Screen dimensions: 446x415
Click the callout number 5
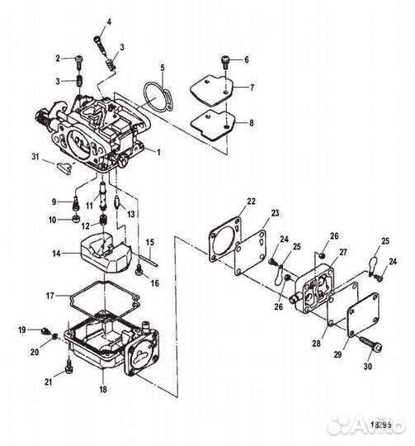point(163,67)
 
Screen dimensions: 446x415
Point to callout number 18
point(102,387)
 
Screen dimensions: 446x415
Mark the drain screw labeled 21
point(65,366)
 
